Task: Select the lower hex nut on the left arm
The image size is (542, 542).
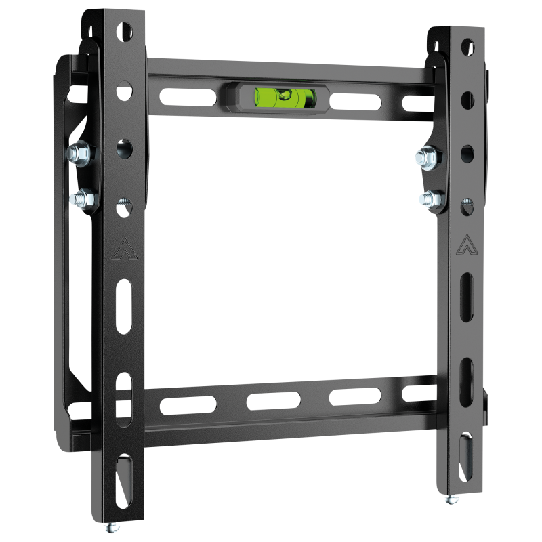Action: coord(82,199)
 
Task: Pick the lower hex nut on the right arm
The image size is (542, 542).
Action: coord(430,199)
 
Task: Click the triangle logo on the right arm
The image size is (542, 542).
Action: coord(465,244)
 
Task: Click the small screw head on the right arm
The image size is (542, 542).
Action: coord(466,202)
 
